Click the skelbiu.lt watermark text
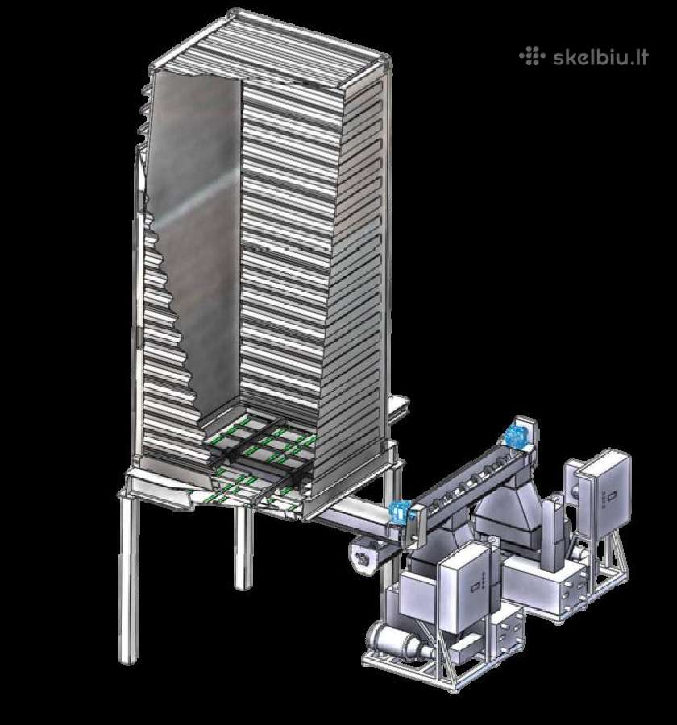click(x=600, y=57)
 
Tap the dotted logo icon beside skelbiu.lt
click(x=532, y=56)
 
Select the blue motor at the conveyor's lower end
click(x=400, y=511)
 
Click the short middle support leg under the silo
click(x=243, y=548)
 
